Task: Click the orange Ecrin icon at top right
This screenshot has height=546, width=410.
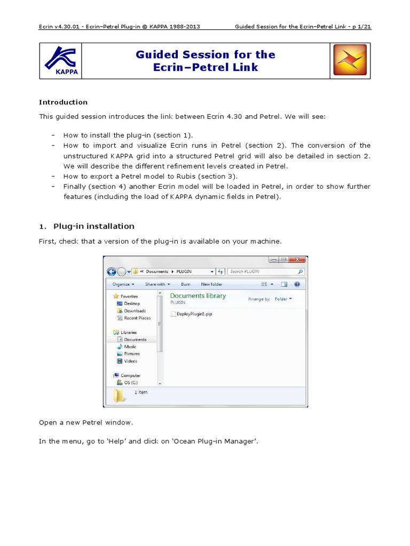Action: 350,60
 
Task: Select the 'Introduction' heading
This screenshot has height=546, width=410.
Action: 63,102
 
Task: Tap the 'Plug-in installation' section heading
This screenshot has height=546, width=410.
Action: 93,226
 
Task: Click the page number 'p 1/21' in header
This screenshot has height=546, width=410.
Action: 359,27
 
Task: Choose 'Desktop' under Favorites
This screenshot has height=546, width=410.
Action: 131,303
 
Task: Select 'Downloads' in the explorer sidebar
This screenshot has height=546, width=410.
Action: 135,311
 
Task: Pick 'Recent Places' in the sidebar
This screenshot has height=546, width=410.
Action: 137,318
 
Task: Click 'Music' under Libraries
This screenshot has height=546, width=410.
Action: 130,347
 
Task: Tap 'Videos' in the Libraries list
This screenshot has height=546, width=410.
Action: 131,361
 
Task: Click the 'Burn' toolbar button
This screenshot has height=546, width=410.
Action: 186,284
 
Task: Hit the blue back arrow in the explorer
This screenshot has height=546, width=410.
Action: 112,271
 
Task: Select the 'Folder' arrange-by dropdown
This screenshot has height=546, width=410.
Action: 283,299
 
